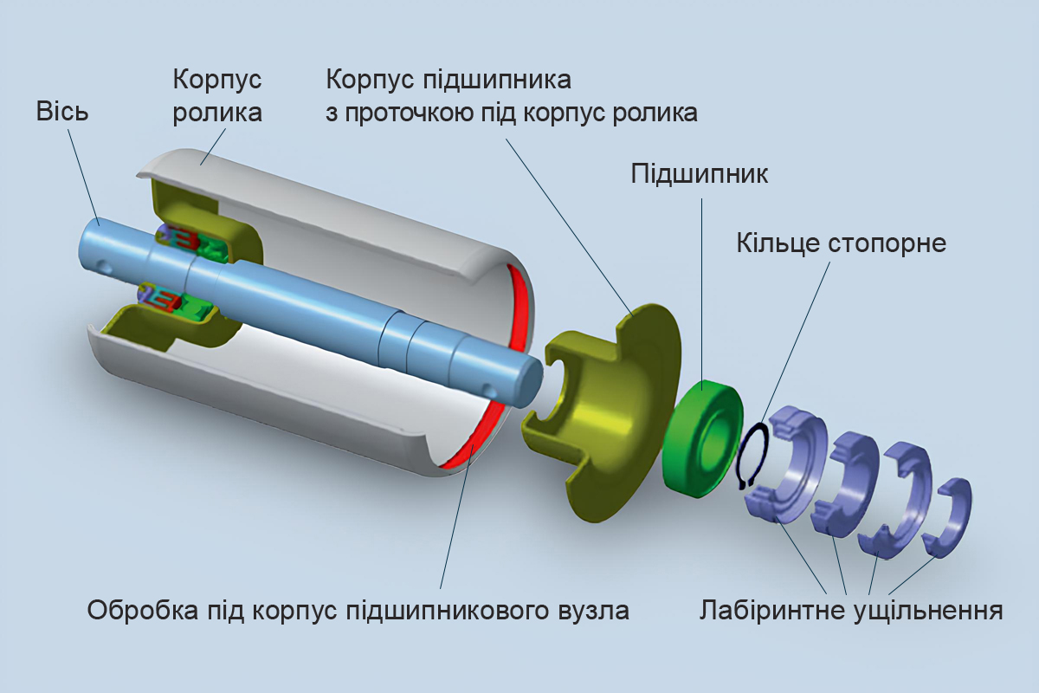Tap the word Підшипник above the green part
(x=700, y=172)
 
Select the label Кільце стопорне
(x=841, y=243)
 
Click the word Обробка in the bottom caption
(x=142, y=611)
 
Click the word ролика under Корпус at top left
(x=218, y=113)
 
